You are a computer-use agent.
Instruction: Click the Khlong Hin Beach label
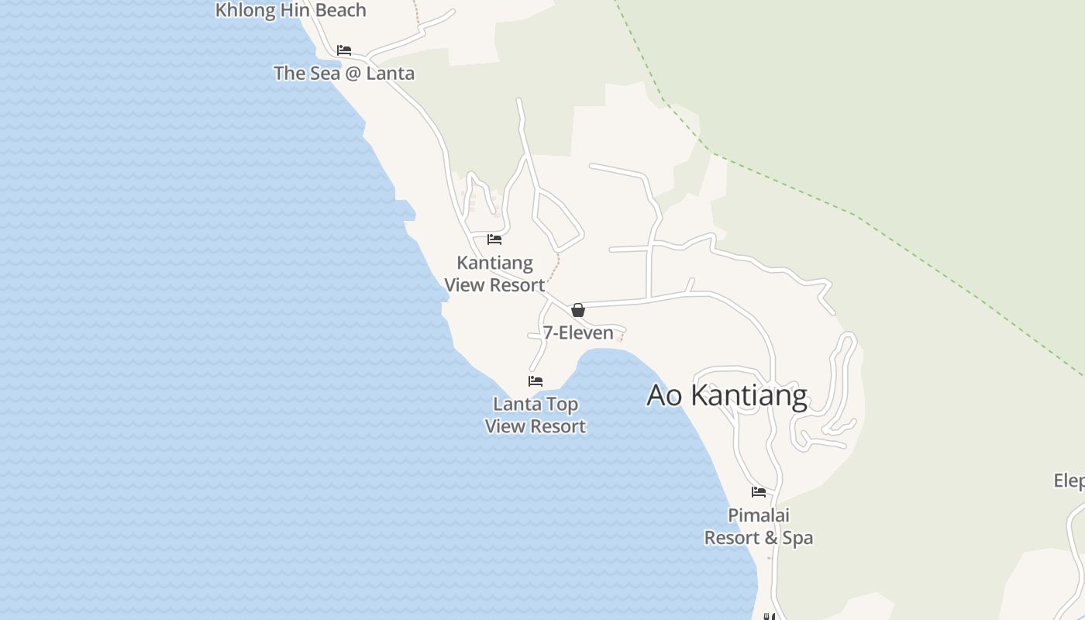pyautogui.click(x=290, y=10)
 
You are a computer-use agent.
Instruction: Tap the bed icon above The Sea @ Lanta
pyautogui.click(x=344, y=50)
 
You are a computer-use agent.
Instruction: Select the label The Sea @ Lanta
pyautogui.click(x=344, y=74)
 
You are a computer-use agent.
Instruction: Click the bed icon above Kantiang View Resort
pyautogui.click(x=494, y=239)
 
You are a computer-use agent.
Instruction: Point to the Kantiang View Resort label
pyautogui.click(x=494, y=274)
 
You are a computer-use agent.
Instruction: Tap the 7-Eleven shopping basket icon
pyautogui.click(x=578, y=310)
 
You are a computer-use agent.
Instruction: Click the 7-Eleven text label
pyautogui.click(x=578, y=333)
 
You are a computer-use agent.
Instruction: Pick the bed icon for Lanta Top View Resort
pyautogui.click(x=536, y=381)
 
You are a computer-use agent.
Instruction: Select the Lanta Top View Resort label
pyautogui.click(x=536, y=415)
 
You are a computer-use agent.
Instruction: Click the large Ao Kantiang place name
pyautogui.click(x=727, y=395)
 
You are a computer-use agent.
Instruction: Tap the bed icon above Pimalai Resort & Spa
pyautogui.click(x=759, y=492)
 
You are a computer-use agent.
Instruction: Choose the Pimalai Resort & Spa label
pyautogui.click(x=759, y=526)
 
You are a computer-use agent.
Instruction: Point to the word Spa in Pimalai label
pyautogui.click(x=797, y=538)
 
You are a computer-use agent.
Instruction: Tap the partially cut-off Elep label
pyautogui.click(x=1069, y=481)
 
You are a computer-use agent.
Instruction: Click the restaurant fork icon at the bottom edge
pyautogui.click(x=768, y=617)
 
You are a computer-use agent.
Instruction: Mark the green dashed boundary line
pyautogui.click(x=852, y=212)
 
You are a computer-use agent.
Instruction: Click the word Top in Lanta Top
pyautogui.click(x=562, y=405)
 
